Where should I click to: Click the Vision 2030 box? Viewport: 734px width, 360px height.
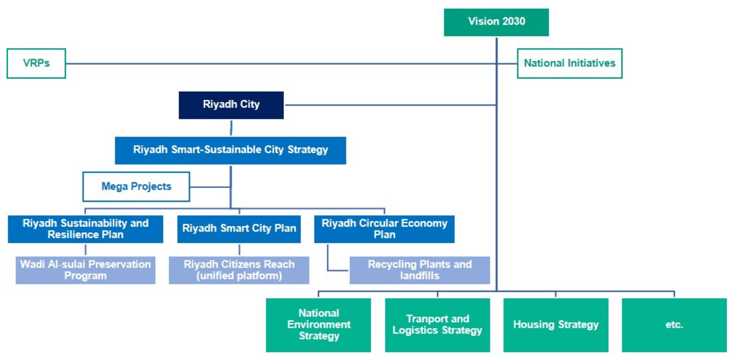click(496, 22)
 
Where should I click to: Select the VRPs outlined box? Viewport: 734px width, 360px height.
click(36, 63)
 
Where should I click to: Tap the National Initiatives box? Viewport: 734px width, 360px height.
click(570, 63)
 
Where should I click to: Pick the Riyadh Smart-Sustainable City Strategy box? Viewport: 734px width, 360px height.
click(230, 150)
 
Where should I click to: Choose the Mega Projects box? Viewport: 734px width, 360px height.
click(136, 187)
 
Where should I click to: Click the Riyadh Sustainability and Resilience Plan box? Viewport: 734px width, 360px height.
click(85, 229)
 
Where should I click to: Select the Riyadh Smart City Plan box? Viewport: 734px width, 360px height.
click(239, 229)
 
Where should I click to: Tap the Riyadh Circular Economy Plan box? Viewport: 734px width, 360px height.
click(384, 229)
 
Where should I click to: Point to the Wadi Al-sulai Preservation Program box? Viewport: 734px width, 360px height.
click(85, 270)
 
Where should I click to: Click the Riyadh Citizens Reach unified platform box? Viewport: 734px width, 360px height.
click(239, 270)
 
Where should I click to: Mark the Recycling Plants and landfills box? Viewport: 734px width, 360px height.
click(420, 270)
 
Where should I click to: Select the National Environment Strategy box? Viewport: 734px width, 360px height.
click(318, 325)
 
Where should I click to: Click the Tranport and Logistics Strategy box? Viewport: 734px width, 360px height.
click(437, 325)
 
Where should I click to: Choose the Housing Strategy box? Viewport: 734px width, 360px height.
click(556, 325)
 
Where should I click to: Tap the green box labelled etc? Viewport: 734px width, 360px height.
click(674, 325)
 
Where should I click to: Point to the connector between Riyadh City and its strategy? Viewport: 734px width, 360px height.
click(231, 128)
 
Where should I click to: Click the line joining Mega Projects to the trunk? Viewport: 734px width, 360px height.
click(210, 187)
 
